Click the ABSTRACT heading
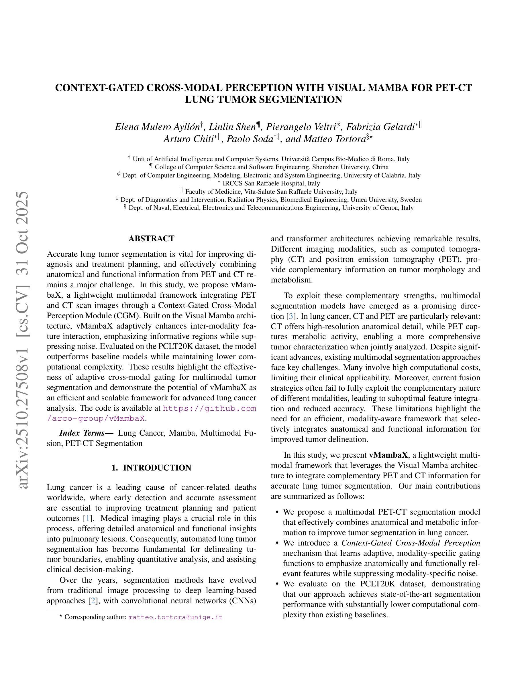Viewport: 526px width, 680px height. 152,238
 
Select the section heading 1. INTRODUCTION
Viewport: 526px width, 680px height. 152,468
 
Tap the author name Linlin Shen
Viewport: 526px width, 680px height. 232,127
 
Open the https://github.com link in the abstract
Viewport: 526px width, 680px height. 209,408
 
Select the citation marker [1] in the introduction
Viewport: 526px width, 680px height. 88,518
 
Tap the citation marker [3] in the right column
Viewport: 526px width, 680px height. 291,316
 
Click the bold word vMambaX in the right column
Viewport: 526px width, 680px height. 388,455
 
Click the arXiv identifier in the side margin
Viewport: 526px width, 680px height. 24,339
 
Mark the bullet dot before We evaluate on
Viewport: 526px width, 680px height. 277,584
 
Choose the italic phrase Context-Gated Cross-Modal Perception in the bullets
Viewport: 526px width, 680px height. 411,543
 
